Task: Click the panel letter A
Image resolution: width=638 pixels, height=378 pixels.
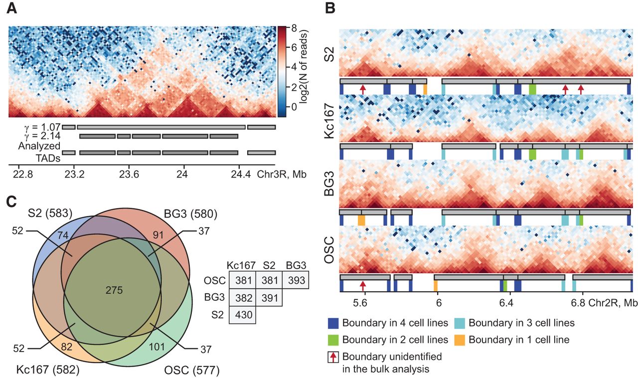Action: pyautogui.click(x=13, y=9)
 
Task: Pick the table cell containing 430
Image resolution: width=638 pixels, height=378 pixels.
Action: pyautogui.click(x=242, y=315)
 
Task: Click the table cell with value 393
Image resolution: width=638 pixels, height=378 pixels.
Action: pyautogui.click(x=296, y=281)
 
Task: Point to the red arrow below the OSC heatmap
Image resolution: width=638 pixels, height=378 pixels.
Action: pyautogui.click(x=363, y=285)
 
